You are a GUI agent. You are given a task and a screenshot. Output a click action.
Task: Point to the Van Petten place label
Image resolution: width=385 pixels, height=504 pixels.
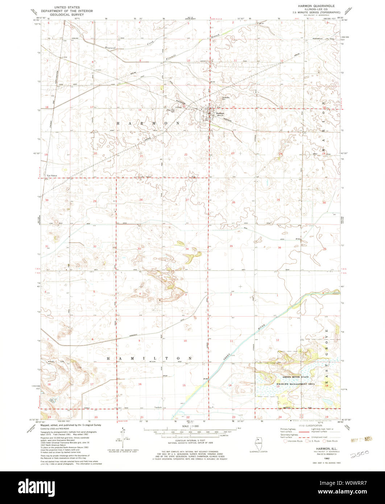pos(52,175)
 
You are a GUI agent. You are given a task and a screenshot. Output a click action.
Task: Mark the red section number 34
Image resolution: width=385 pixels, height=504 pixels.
pos(187,249)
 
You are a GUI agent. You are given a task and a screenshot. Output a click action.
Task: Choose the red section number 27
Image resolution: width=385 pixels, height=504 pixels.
pos(187,200)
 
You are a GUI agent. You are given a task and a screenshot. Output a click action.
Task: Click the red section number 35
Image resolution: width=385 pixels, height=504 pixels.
pos(231,246)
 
